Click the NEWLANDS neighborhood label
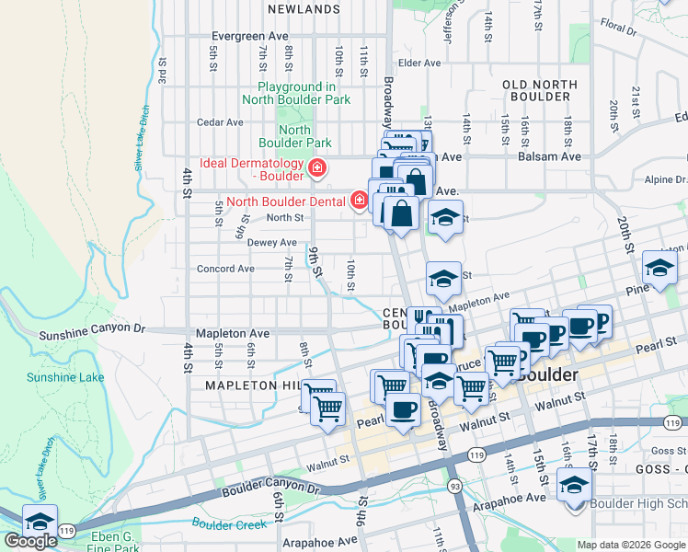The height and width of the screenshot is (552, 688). coord(304,9)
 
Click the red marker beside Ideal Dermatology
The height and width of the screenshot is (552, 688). coord(317,167)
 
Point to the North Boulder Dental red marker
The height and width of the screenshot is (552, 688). coord(359,201)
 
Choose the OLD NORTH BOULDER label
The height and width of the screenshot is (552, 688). coord(540,91)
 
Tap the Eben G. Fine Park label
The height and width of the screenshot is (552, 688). coord(115,543)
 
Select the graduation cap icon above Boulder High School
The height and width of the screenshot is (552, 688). coord(575,484)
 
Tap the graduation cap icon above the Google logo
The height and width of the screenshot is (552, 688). coord(40,520)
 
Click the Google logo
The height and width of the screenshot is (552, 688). coord(30,541)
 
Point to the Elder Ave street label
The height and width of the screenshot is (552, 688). coord(419,63)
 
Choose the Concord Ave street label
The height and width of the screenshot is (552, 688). coord(225,270)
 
